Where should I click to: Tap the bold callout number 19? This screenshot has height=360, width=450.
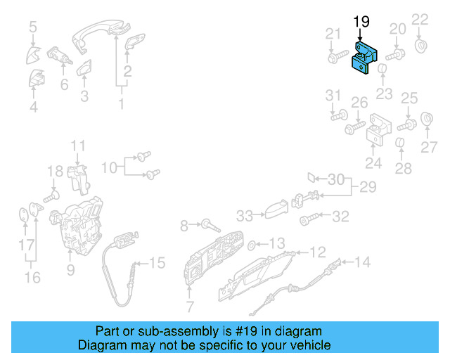[361, 22]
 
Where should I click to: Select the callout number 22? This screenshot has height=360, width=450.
[420, 19]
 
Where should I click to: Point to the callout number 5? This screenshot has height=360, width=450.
[33, 27]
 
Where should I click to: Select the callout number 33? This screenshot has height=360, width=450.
[244, 215]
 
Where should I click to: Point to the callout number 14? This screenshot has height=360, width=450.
[361, 262]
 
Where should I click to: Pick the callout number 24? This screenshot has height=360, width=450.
[373, 164]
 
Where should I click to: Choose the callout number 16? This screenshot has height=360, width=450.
[32, 278]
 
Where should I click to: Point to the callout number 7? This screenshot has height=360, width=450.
[189, 307]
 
